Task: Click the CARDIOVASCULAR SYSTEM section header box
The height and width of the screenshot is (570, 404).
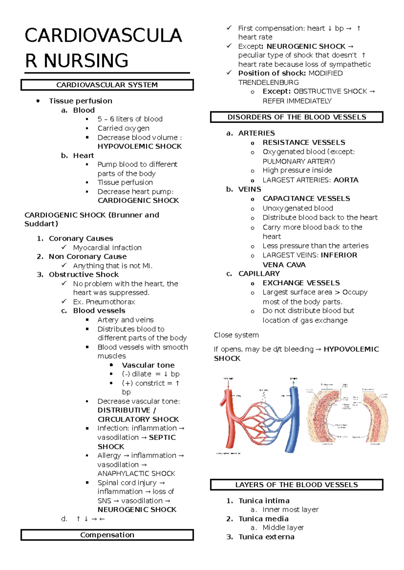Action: click(x=107, y=85)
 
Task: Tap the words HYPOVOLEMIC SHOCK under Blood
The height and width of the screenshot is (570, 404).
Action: click(x=139, y=146)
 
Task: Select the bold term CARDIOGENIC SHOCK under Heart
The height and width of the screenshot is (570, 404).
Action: click(x=138, y=200)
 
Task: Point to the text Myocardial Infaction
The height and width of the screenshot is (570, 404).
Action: click(x=107, y=247)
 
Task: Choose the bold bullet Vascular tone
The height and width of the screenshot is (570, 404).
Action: click(x=148, y=365)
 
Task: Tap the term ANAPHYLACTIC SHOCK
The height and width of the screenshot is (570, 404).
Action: click(x=136, y=473)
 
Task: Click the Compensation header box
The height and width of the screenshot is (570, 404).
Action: click(x=107, y=535)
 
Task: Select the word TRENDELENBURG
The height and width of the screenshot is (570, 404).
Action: click(x=268, y=82)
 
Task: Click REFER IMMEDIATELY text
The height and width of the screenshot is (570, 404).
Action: click(x=297, y=101)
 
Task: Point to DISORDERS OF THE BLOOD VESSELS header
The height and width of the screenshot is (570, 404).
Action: click(x=297, y=117)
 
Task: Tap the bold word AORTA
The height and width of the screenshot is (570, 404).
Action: click(x=346, y=180)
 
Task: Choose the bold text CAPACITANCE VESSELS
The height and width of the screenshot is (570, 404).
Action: click(x=306, y=198)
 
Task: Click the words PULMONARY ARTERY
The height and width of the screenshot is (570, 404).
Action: click(x=298, y=161)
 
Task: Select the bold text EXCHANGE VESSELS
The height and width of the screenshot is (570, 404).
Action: click(x=301, y=283)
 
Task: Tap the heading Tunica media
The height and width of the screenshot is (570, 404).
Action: click(x=263, y=519)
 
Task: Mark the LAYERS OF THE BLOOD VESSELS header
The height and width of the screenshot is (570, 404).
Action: click(x=297, y=485)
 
